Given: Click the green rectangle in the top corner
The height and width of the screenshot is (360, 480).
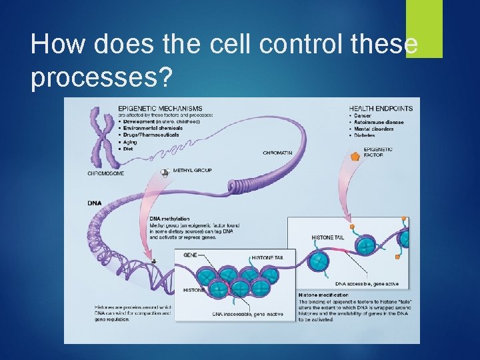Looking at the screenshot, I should tap(424, 28).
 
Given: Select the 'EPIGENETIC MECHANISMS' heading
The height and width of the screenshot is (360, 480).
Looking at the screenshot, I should tap(160, 109).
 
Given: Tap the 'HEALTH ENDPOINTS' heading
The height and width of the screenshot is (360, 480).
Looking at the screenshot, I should tap(381, 109).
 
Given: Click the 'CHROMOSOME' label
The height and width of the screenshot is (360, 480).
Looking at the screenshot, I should tap(105, 174).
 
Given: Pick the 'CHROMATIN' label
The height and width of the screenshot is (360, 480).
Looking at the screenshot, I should tap(277, 153).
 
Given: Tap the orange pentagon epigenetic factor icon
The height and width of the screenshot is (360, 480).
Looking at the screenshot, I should tap(355, 155).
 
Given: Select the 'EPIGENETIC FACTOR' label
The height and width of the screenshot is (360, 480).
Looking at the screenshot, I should tap(378, 153).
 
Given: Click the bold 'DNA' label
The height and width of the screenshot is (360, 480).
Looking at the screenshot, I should tap(95, 203).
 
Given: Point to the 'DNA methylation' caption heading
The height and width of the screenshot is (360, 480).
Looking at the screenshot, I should tap(169, 219).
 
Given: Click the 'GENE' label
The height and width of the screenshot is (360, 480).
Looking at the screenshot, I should tap(189, 255).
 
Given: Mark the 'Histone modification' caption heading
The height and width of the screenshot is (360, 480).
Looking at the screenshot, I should tap(323, 294).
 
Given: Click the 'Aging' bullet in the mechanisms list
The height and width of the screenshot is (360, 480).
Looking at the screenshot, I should tap(128, 143).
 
